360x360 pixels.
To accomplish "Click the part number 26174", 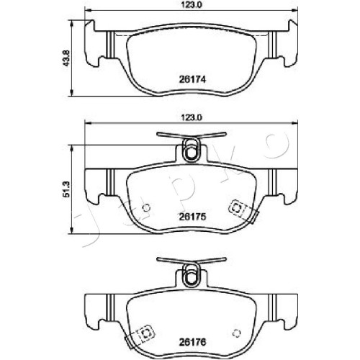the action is (192, 79).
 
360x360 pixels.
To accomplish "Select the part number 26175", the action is (192, 217).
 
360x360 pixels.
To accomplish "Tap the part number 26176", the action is (192, 342).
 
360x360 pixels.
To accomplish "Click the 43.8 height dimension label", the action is (66, 58).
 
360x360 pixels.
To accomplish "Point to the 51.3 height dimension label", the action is (66, 189).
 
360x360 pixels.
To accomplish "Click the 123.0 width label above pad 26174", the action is (191, 5).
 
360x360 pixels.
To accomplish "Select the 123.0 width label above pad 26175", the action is (191, 117).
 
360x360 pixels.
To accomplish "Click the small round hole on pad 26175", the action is (146, 207).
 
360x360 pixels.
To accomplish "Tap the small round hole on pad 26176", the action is (237, 333).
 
